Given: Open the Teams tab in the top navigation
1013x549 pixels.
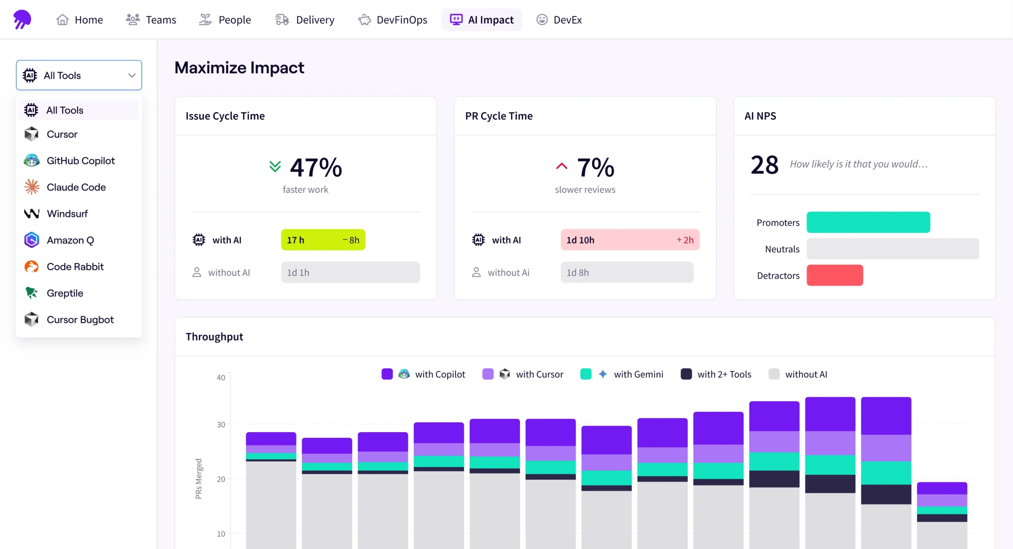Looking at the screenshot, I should click(x=151, y=20).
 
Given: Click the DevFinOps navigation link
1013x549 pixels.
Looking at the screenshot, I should click(x=393, y=20).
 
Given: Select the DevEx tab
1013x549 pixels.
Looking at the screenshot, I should click(x=559, y=20).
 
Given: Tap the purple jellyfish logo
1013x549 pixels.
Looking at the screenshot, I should click(x=22, y=19).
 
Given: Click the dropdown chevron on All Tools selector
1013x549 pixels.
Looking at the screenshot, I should click(x=132, y=76).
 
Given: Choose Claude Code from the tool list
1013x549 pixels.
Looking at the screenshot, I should click(x=76, y=187).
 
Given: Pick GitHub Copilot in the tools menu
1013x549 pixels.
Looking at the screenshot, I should click(x=80, y=161).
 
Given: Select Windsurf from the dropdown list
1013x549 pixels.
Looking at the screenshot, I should click(x=67, y=214).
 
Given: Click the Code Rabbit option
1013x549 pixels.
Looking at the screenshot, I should click(x=75, y=267).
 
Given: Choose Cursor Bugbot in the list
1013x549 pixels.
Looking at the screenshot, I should click(x=80, y=320).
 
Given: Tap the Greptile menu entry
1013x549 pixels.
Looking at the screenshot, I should click(x=65, y=293).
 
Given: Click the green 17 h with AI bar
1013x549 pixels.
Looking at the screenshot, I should click(x=323, y=240).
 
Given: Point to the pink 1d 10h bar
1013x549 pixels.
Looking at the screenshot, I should click(x=630, y=240).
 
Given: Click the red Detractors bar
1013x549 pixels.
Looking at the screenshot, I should click(x=835, y=275).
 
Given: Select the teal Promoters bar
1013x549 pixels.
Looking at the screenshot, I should click(x=868, y=222).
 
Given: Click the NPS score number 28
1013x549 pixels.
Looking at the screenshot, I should click(x=764, y=165).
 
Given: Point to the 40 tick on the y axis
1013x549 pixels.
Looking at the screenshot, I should click(x=221, y=378).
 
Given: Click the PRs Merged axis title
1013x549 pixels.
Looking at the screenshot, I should click(x=199, y=479).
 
